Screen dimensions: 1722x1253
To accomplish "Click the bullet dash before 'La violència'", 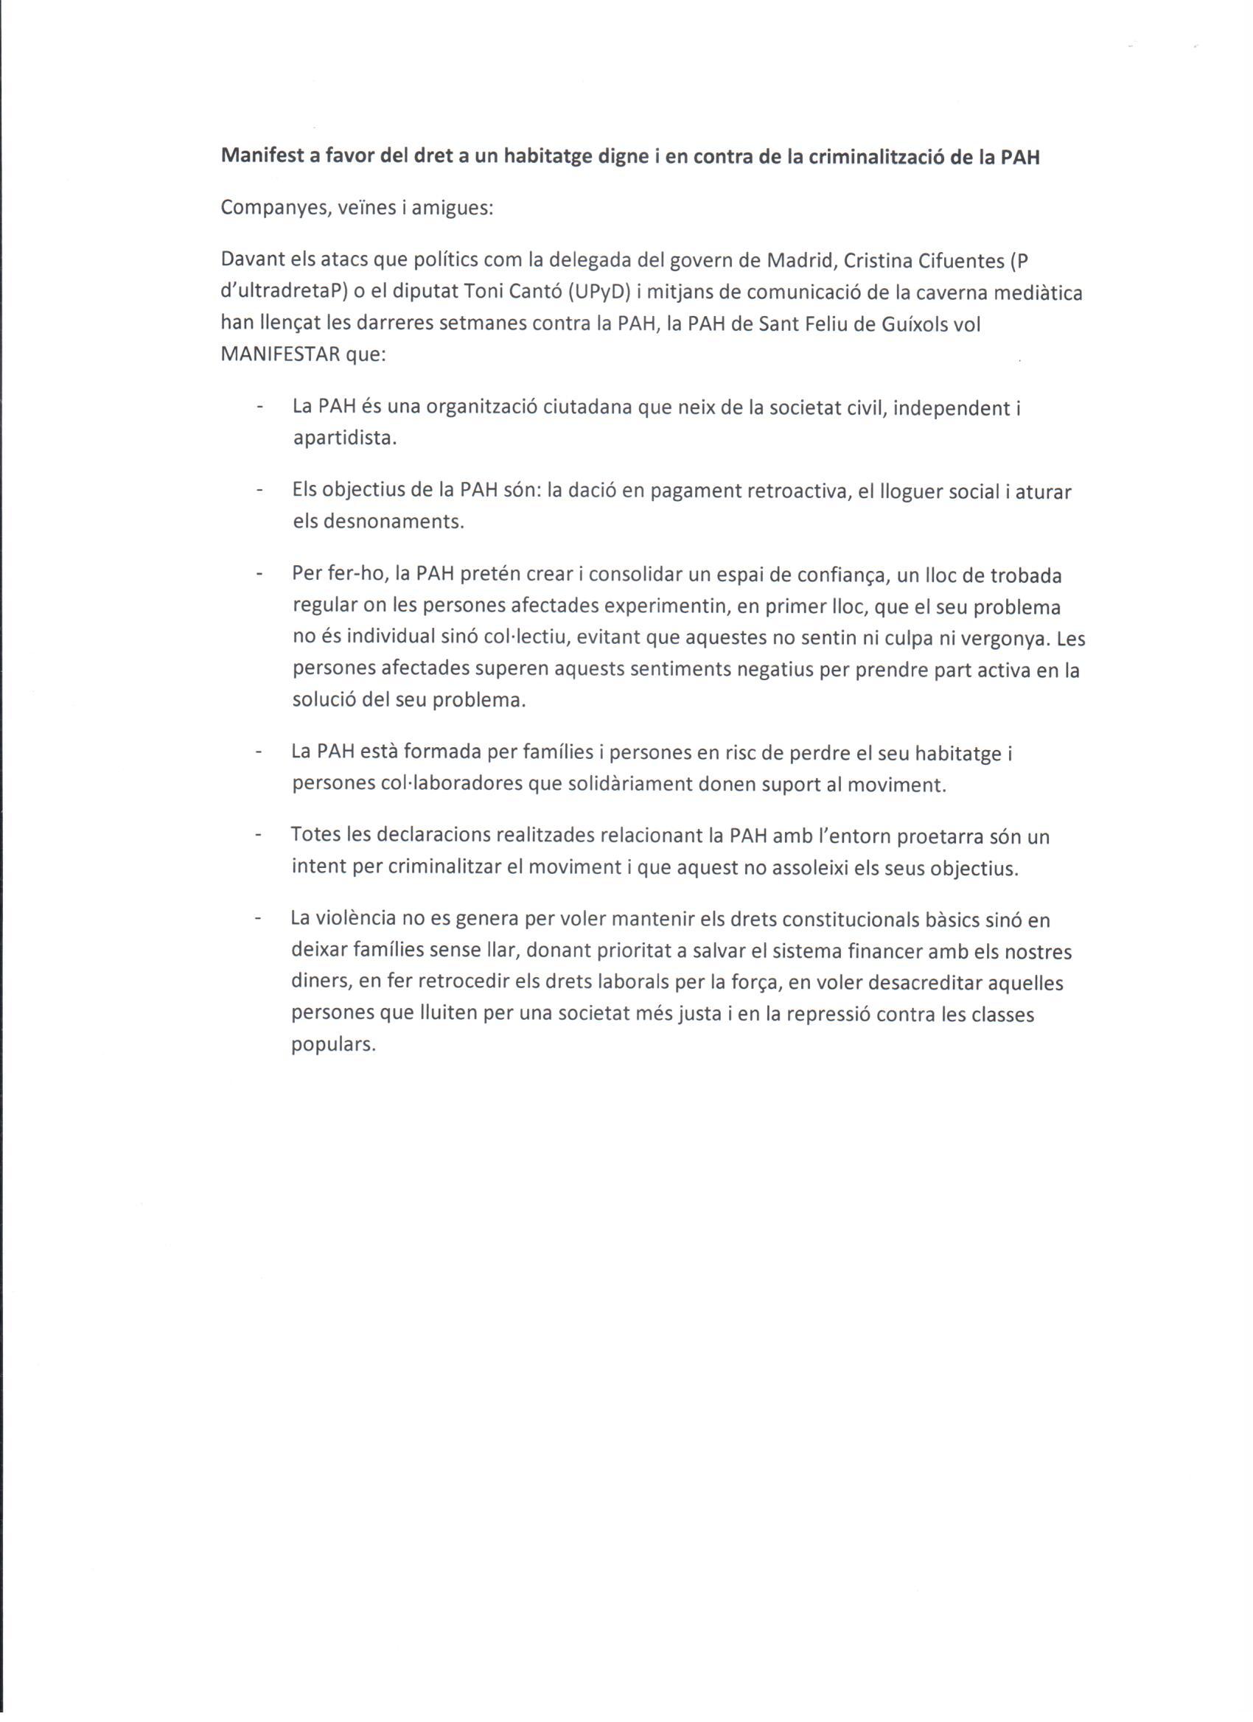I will point(259,919).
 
